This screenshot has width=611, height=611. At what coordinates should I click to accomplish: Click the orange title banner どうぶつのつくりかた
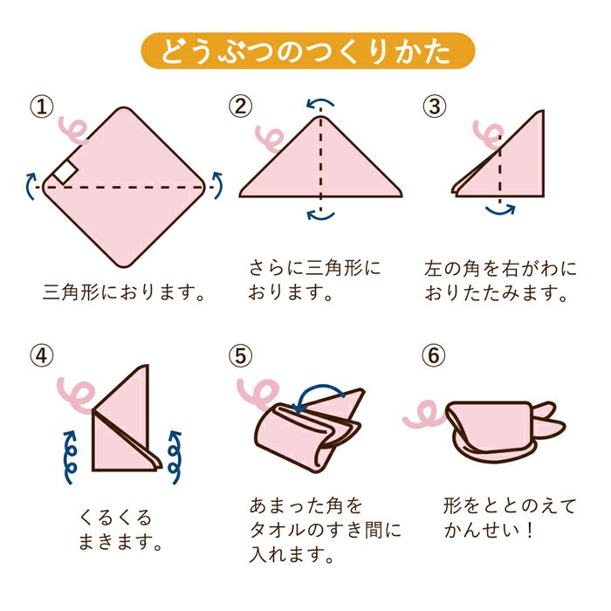[x=306, y=53]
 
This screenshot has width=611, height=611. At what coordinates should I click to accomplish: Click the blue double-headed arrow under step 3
[x=500, y=209]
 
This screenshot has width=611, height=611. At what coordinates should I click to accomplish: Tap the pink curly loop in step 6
[x=422, y=415]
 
